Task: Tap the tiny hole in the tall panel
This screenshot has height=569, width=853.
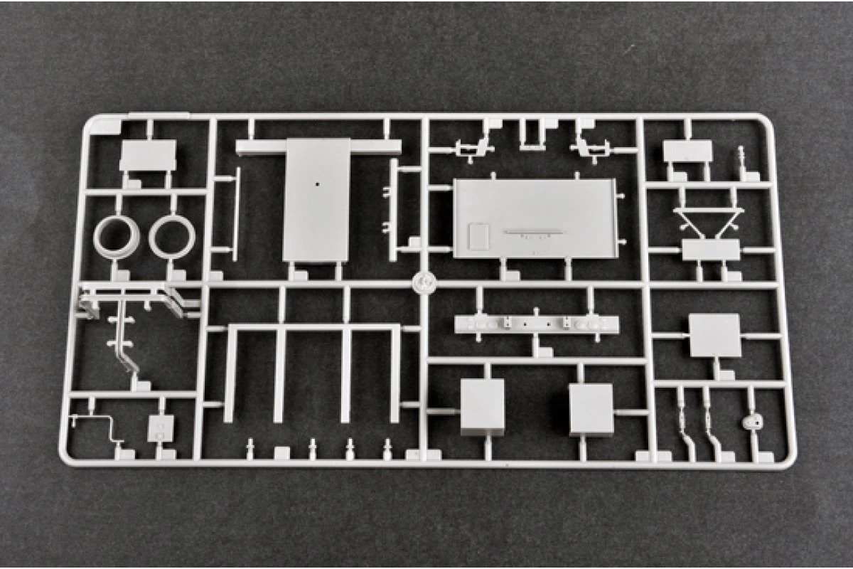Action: pos(317,184)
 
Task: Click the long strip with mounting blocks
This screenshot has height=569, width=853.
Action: pos(536,325)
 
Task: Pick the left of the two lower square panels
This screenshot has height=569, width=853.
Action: pos(482,407)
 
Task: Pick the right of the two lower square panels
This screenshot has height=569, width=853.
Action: pos(591,410)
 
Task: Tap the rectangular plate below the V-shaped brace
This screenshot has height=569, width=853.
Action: pos(711,250)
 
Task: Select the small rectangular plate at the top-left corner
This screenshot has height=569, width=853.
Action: pos(148,155)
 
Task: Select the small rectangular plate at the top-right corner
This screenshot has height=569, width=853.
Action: pos(687,151)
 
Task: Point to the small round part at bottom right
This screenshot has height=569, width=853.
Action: pos(751,421)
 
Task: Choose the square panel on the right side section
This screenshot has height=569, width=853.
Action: pos(715,335)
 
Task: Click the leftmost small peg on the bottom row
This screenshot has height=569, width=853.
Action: pos(251,447)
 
